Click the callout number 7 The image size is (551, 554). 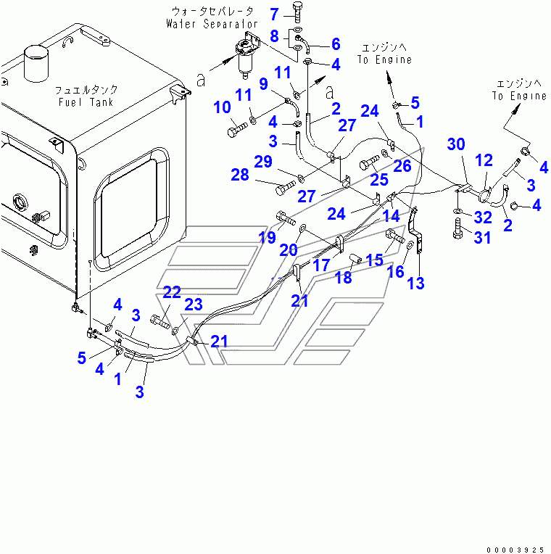click(275, 15)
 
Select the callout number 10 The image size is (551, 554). click(222, 107)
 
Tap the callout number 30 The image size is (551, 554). click(456, 144)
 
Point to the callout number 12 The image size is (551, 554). click(484, 160)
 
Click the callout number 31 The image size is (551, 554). click(482, 237)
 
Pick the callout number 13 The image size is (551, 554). click(415, 283)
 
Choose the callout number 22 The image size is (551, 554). click(172, 292)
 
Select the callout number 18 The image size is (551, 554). click(344, 277)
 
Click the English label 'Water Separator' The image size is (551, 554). click(212, 24)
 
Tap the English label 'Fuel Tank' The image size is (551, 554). click(86, 102)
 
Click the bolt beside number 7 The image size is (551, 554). click(297, 12)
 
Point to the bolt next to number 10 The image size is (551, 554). click(237, 129)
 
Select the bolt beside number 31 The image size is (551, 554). click(457, 228)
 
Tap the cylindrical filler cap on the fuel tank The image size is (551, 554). click(36, 64)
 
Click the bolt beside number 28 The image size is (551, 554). click(286, 188)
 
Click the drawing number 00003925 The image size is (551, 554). click(515, 550)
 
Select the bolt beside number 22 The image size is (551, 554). click(160, 321)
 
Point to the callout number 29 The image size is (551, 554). click(263, 162)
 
